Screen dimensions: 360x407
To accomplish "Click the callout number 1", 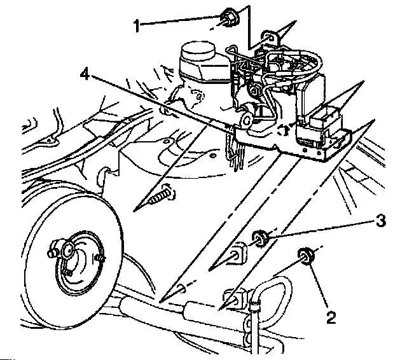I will pos(136,25).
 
